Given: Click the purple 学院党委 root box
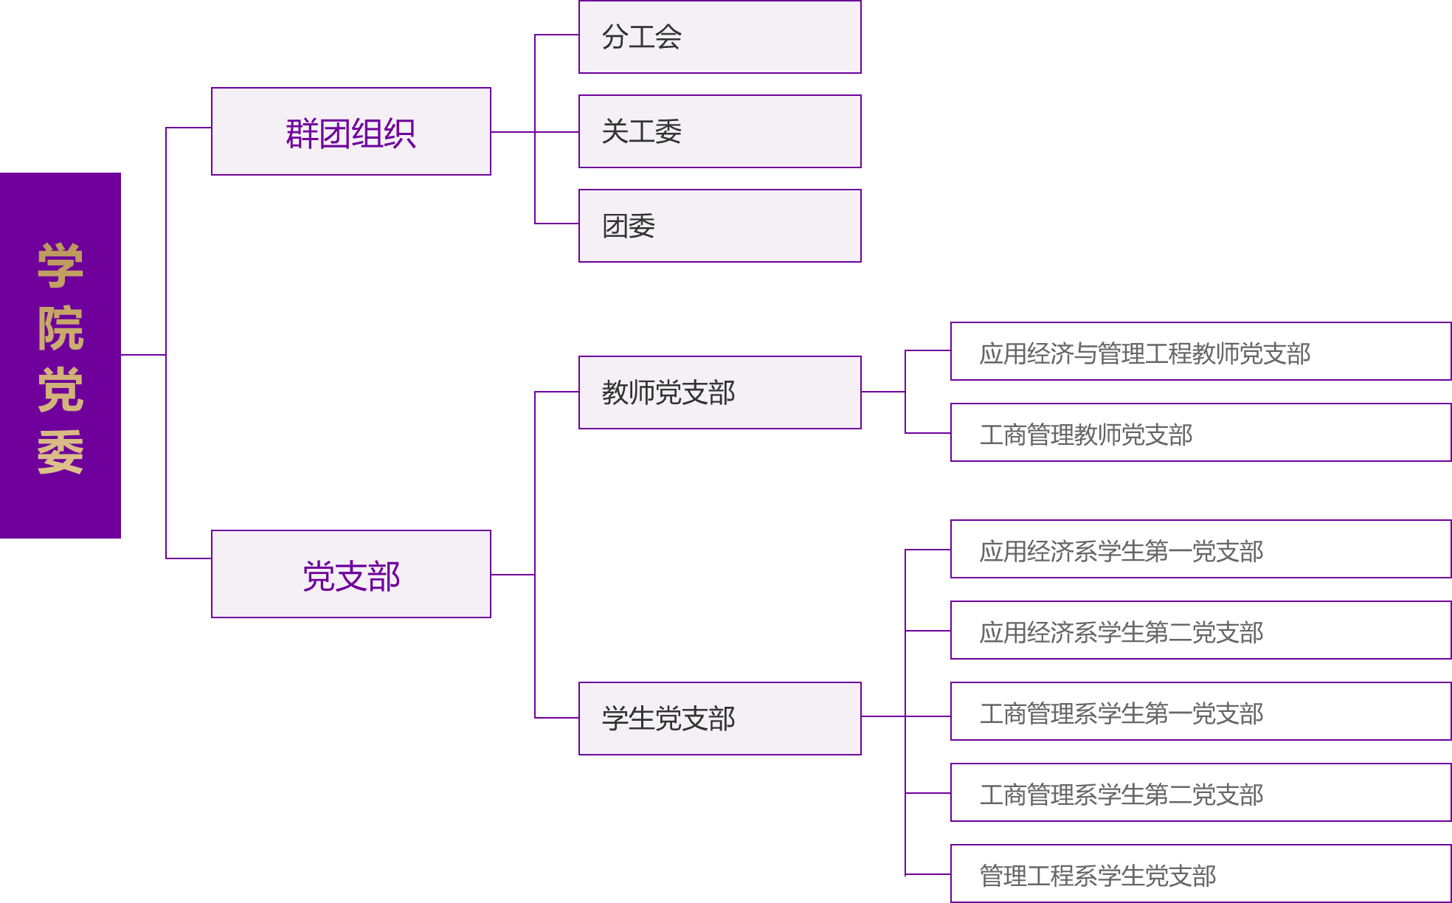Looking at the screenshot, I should point(60,355).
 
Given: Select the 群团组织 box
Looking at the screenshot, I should point(350,131).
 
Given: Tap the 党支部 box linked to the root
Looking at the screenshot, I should point(350,574).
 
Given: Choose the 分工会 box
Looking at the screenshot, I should point(719,37).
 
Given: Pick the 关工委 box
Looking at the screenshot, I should point(719,131).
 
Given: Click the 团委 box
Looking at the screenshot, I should point(719,226).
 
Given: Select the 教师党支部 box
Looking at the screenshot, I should point(719,392).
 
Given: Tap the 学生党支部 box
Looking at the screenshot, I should point(719,719).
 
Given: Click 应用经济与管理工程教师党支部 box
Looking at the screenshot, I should point(1200,351).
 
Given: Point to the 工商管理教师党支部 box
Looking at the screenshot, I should point(1200,432).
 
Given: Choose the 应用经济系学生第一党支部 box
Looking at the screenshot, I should point(1200,549).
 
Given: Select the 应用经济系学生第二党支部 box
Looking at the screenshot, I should point(1200,630).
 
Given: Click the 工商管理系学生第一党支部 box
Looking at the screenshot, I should point(1200,711).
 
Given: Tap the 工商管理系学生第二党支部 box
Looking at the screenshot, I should point(1200,792).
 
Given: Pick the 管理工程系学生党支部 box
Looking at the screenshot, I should point(1200,873).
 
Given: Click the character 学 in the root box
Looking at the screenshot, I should point(60,265).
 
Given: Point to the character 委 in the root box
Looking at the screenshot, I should point(60,452).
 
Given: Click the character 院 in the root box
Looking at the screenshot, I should point(60,328).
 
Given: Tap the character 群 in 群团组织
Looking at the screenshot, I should point(301,134).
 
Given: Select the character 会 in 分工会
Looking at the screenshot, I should point(668,37).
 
